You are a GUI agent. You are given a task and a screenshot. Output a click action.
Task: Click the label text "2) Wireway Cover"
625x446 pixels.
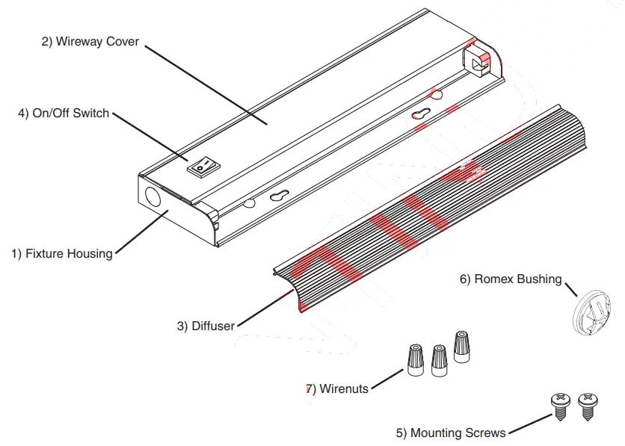pos(90,42)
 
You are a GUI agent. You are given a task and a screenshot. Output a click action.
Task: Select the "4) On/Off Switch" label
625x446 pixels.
pos(64,114)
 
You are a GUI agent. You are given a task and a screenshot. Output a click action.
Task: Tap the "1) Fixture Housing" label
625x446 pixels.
pos(61,253)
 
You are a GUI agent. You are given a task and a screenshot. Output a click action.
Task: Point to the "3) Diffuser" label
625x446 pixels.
pos(206,326)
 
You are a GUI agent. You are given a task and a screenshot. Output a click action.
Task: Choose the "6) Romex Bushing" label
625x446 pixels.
pos(511,279)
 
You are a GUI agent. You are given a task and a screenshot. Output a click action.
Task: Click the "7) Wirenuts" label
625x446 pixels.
pos(337,388)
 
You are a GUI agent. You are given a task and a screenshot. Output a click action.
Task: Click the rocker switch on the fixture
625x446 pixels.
pos(201,168)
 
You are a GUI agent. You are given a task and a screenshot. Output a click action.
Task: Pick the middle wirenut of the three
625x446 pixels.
pos(438,359)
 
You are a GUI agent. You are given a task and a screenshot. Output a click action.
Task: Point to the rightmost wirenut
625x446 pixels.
pos(461,347)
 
